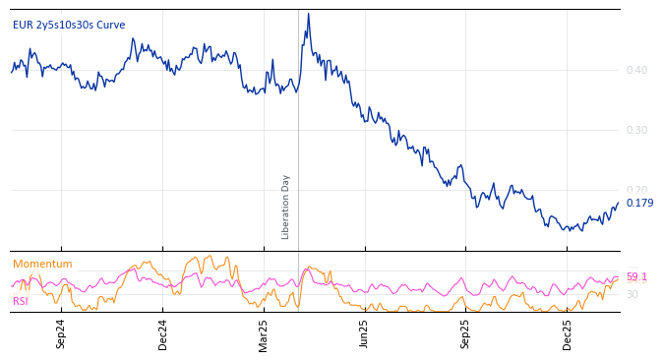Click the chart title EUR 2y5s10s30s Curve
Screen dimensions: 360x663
click(69, 25)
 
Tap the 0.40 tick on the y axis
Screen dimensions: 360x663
click(636, 70)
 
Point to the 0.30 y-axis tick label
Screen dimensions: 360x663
click(636, 130)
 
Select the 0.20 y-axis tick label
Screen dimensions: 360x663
click(636, 190)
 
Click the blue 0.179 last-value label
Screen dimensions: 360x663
click(639, 204)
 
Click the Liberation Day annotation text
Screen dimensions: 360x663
click(286, 207)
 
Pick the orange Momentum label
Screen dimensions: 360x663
click(42, 264)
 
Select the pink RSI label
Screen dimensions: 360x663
click(20, 301)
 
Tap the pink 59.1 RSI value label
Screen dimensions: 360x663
click(636, 276)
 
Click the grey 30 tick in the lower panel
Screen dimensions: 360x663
click(632, 294)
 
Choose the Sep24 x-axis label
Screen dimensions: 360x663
click(61, 333)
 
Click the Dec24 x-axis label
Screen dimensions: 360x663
click(162, 333)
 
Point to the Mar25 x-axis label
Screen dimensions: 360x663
click(263, 333)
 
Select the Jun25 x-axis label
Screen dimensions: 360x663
click(364, 333)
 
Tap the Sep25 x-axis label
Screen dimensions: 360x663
click(465, 333)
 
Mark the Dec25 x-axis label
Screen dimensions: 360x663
click(567, 333)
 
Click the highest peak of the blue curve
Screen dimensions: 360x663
click(308, 14)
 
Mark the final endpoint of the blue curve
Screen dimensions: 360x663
click(619, 203)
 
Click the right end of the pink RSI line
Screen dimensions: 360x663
click(619, 277)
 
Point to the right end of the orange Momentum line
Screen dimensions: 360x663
click(619, 279)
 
